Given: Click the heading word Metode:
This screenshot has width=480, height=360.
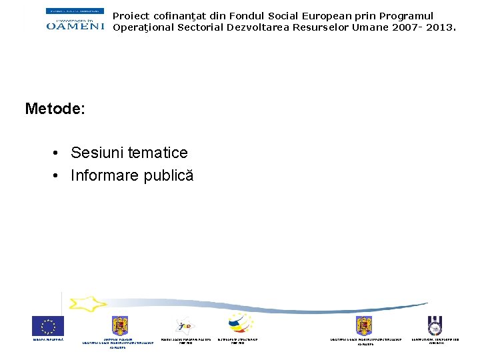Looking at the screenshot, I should click(x=55, y=109).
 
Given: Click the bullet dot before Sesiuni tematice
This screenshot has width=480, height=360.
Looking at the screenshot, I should click(x=58, y=153).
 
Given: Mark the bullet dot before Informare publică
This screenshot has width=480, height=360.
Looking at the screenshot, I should click(x=58, y=176).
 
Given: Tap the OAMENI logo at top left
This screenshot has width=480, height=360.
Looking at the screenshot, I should click(x=75, y=19).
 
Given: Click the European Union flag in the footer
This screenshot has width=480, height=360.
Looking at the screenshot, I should click(x=48, y=326).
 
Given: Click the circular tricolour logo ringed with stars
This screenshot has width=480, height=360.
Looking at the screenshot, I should click(x=238, y=325).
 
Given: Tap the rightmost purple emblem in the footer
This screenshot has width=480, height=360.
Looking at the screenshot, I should click(x=435, y=325).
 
